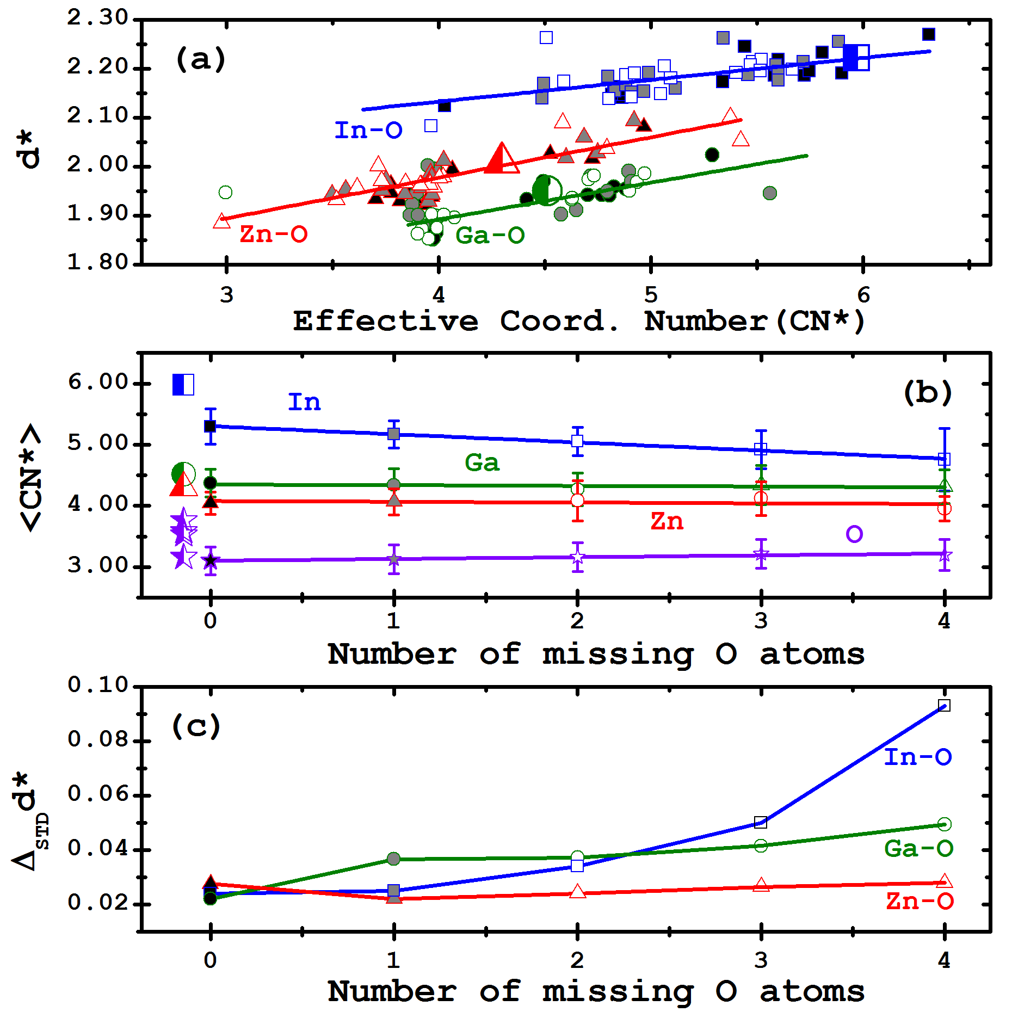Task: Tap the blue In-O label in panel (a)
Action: click(x=368, y=131)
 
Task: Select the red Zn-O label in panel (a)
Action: click(x=273, y=235)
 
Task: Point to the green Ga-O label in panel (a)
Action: click(x=490, y=236)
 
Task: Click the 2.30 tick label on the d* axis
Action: click(x=97, y=18)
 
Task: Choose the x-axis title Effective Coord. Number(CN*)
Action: click(x=578, y=321)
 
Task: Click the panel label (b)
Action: click(x=928, y=392)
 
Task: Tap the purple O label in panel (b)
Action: click(x=854, y=534)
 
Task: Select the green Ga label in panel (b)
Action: click(x=482, y=463)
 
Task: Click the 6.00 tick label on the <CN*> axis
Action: click(x=98, y=382)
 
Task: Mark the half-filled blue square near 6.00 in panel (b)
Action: click(x=183, y=384)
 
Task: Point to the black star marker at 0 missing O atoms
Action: click(x=211, y=560)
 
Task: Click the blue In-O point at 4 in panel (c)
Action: click(x=945, y=706)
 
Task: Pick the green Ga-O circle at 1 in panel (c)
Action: click(x=394, y=859)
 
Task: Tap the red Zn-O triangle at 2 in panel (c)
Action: click(x=577, y=892)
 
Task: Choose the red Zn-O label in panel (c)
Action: click(x=920, y=902)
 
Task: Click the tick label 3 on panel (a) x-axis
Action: click(x=226, y=295)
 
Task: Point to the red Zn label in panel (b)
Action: click(x=667, y=522)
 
